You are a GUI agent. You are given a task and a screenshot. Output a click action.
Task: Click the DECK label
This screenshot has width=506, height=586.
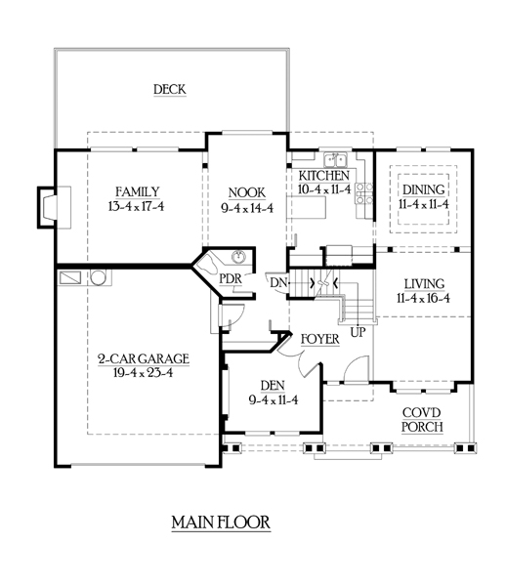pos(170,90)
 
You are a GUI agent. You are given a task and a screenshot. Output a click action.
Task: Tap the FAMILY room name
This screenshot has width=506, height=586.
pos(137,192)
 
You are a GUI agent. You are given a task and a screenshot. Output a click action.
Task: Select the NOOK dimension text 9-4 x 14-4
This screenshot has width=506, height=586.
pos(247,208)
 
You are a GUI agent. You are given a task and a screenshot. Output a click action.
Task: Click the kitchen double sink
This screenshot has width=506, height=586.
pos(335,159)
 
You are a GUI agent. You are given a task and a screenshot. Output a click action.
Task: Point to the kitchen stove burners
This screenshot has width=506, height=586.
pos(364,193)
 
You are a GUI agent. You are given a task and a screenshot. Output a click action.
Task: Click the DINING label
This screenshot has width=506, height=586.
pos(423,189)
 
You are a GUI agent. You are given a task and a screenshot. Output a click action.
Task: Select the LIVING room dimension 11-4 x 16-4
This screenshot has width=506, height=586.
pos(423,298)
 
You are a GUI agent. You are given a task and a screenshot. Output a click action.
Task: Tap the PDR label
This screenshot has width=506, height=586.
pos(231,278)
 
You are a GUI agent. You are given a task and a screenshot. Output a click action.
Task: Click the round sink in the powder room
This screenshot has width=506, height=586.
pos(238,257)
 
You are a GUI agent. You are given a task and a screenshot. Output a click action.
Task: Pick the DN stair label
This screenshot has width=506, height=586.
pos(278,282)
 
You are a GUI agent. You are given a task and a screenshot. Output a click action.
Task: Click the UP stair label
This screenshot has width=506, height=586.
pos(358,332)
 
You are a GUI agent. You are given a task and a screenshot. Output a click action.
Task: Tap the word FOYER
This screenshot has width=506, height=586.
pos(319,339)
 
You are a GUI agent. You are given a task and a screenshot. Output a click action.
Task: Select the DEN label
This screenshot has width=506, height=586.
pos(273,386)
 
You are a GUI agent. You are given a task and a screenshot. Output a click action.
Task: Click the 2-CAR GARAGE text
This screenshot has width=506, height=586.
pos(144,358)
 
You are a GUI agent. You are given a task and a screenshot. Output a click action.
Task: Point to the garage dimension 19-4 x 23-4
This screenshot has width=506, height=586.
pos(144,373)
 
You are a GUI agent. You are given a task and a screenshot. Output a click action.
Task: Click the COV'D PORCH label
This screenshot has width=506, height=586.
pos(422,420)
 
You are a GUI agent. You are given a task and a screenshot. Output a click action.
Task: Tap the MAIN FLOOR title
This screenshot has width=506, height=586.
pos(221,523)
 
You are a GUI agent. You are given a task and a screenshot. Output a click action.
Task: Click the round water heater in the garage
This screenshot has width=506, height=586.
pos(99,277)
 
